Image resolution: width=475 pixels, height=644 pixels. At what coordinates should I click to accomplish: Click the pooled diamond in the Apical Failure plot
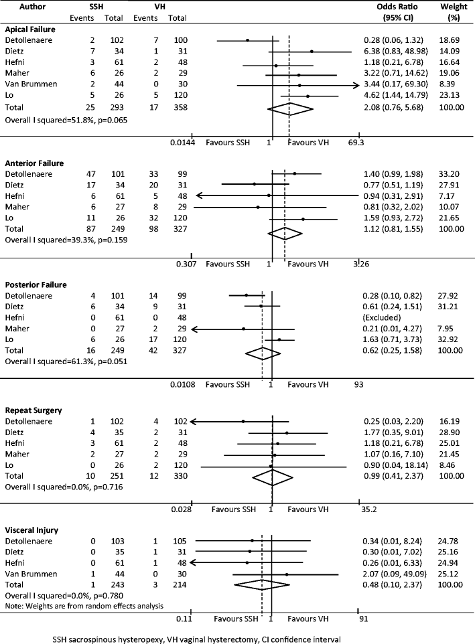pyautogui.click(x=289, y=108)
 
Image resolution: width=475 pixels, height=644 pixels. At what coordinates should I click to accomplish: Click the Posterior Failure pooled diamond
pyautogui.click(x=263, y=352)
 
